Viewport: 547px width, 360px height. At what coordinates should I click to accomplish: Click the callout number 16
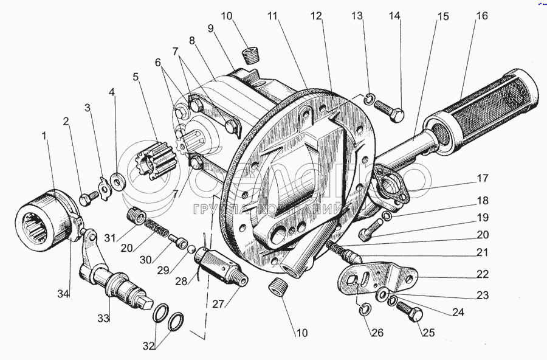click(x=481, y=16)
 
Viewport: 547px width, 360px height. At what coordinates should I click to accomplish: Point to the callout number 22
click(x=481, y=275)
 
